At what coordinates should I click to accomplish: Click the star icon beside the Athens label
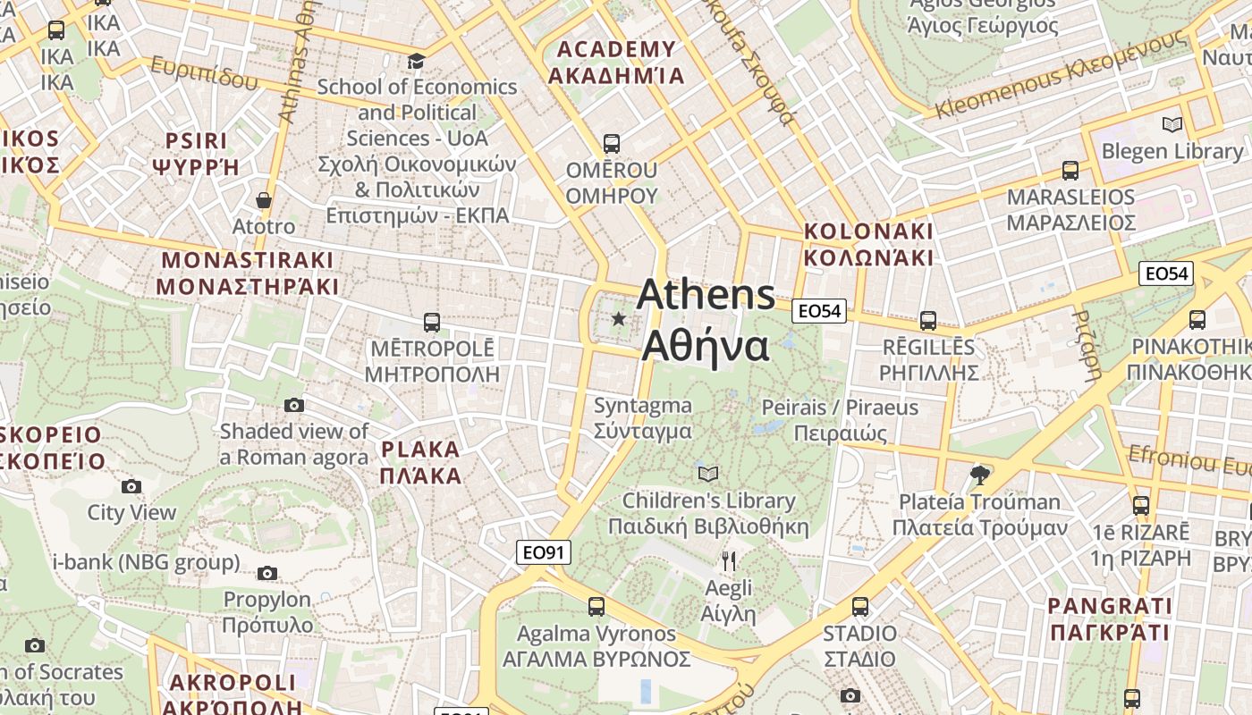tap(618, 318)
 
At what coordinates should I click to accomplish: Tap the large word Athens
tap(706, 295)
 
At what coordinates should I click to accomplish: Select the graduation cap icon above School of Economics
tap(416, 61)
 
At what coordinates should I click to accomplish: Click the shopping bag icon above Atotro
tap(264, 200)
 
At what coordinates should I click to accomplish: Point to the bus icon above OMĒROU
tap(612, 143)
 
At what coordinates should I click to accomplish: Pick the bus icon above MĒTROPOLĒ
tap(432, 322)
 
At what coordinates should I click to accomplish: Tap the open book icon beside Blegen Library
tap(1172, 125)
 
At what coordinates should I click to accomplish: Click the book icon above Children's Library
tap(708, 474)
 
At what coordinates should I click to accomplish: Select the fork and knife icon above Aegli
tap(729, 561)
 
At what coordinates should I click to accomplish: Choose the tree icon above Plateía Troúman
tap(980, 475)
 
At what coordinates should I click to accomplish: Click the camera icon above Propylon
tap(267, 573)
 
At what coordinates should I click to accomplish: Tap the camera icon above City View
tap(131, 486)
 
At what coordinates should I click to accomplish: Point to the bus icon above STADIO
tap(860, 607)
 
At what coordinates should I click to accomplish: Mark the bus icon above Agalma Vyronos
tap(596, 607)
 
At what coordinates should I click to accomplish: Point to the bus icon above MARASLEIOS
tap(1070, 170)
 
